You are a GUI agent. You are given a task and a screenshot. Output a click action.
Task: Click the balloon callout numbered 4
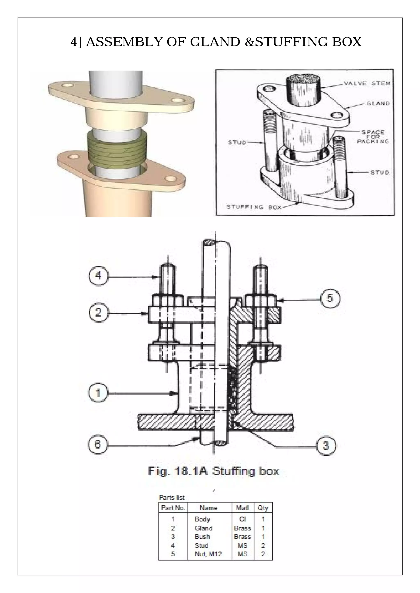(x=98, y=276)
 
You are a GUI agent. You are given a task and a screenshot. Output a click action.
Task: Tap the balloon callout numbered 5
(x=330, y=298)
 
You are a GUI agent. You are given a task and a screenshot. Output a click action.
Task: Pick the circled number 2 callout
(x=98, y=313)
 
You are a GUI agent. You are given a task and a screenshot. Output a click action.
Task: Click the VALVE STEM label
(x=367, y=83)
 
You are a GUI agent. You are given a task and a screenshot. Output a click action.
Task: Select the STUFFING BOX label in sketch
(x=254, y=207)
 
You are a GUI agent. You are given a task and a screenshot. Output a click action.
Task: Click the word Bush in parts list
(x=202, y=537)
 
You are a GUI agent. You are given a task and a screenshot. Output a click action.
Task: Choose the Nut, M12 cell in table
(x=208, y=554)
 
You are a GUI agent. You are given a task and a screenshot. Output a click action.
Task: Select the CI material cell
(x=242, y=519)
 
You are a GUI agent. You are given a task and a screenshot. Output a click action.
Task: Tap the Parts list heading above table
(x=172, y=497)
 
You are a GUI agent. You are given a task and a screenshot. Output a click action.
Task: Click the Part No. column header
(x=173, y=508)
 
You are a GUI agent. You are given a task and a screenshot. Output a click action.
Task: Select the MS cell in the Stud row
(x=242, y=545)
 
